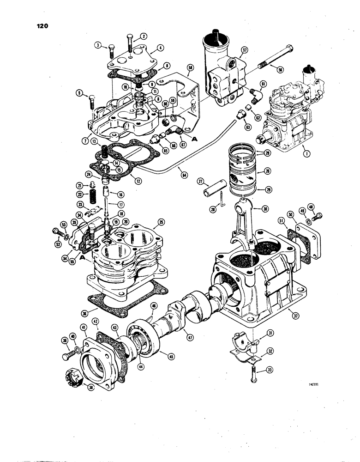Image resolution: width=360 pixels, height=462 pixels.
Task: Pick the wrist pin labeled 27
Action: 210,189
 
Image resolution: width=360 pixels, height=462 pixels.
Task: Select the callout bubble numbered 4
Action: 160,47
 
